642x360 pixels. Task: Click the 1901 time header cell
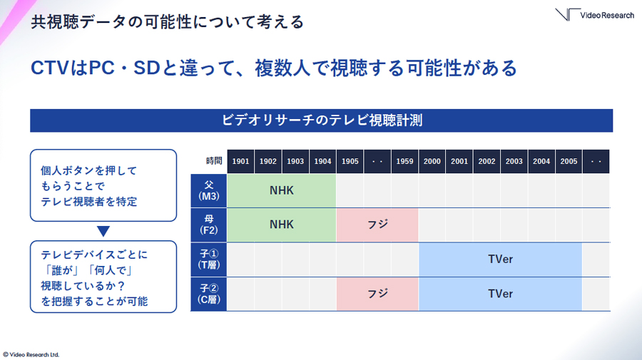241,161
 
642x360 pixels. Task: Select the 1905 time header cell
350,161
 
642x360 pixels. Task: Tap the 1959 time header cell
404,161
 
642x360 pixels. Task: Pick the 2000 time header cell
432,161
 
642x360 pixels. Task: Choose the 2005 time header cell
569,161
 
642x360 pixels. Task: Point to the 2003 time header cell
514,161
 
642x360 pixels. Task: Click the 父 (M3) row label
209,190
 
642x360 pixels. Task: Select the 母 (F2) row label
209,225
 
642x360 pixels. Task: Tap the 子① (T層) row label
209,259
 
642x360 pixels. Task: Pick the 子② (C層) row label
209,294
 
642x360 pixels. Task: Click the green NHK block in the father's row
282,190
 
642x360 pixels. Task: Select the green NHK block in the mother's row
282,225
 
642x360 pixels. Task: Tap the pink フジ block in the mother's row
377,225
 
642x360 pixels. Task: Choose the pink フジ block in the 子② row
377,294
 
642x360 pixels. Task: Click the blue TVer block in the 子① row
500,259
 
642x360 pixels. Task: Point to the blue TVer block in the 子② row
500,294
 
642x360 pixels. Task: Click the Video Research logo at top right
594,14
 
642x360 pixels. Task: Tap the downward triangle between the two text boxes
103,231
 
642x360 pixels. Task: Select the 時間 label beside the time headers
214,161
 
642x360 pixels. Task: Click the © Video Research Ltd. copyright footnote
31,355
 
